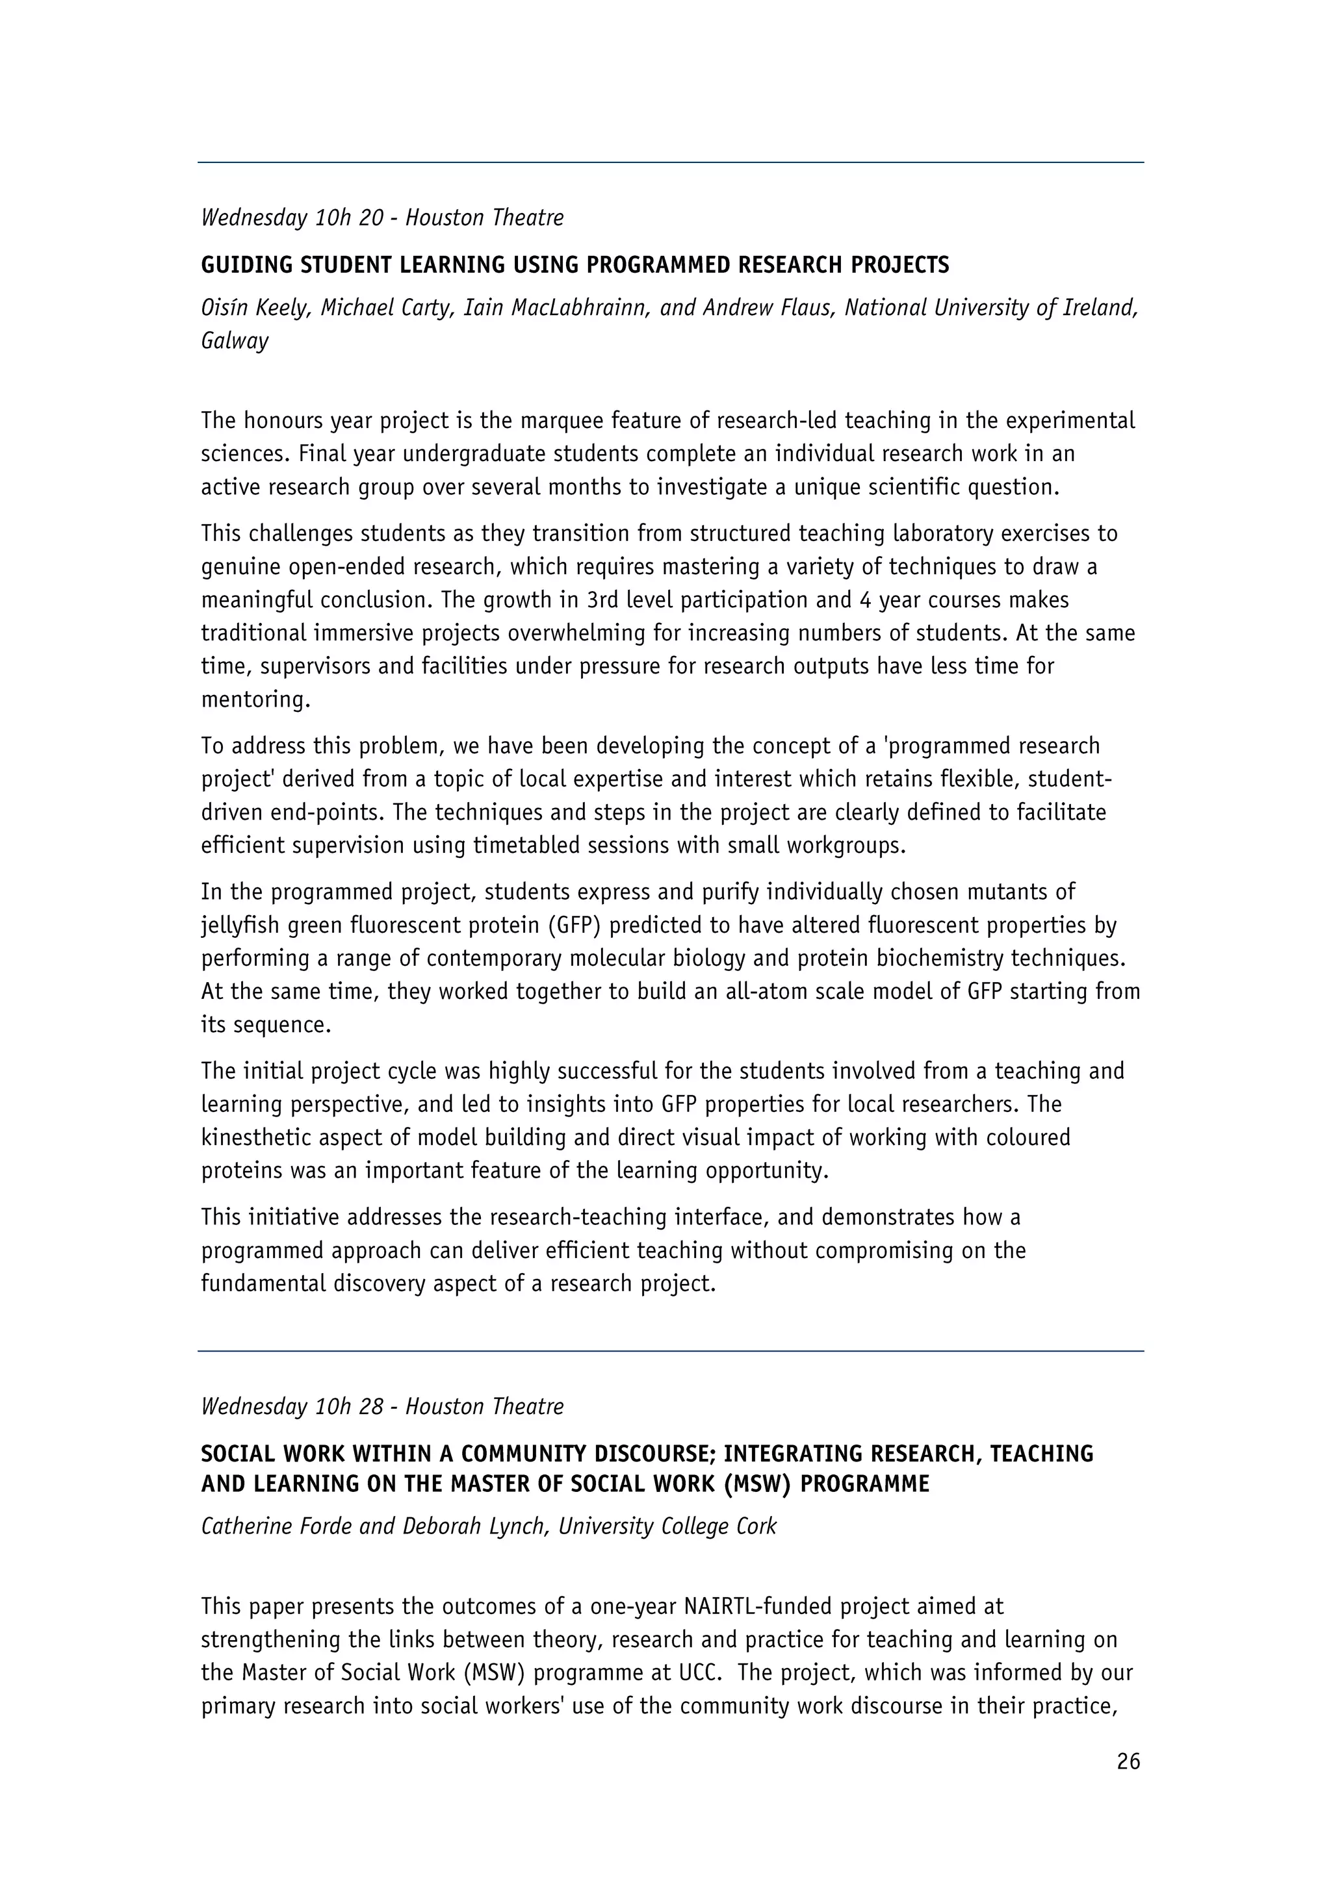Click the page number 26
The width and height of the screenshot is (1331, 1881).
[1128, 1762]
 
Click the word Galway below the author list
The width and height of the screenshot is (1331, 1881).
[235, 342]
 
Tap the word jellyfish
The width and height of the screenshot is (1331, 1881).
[239, 926]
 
